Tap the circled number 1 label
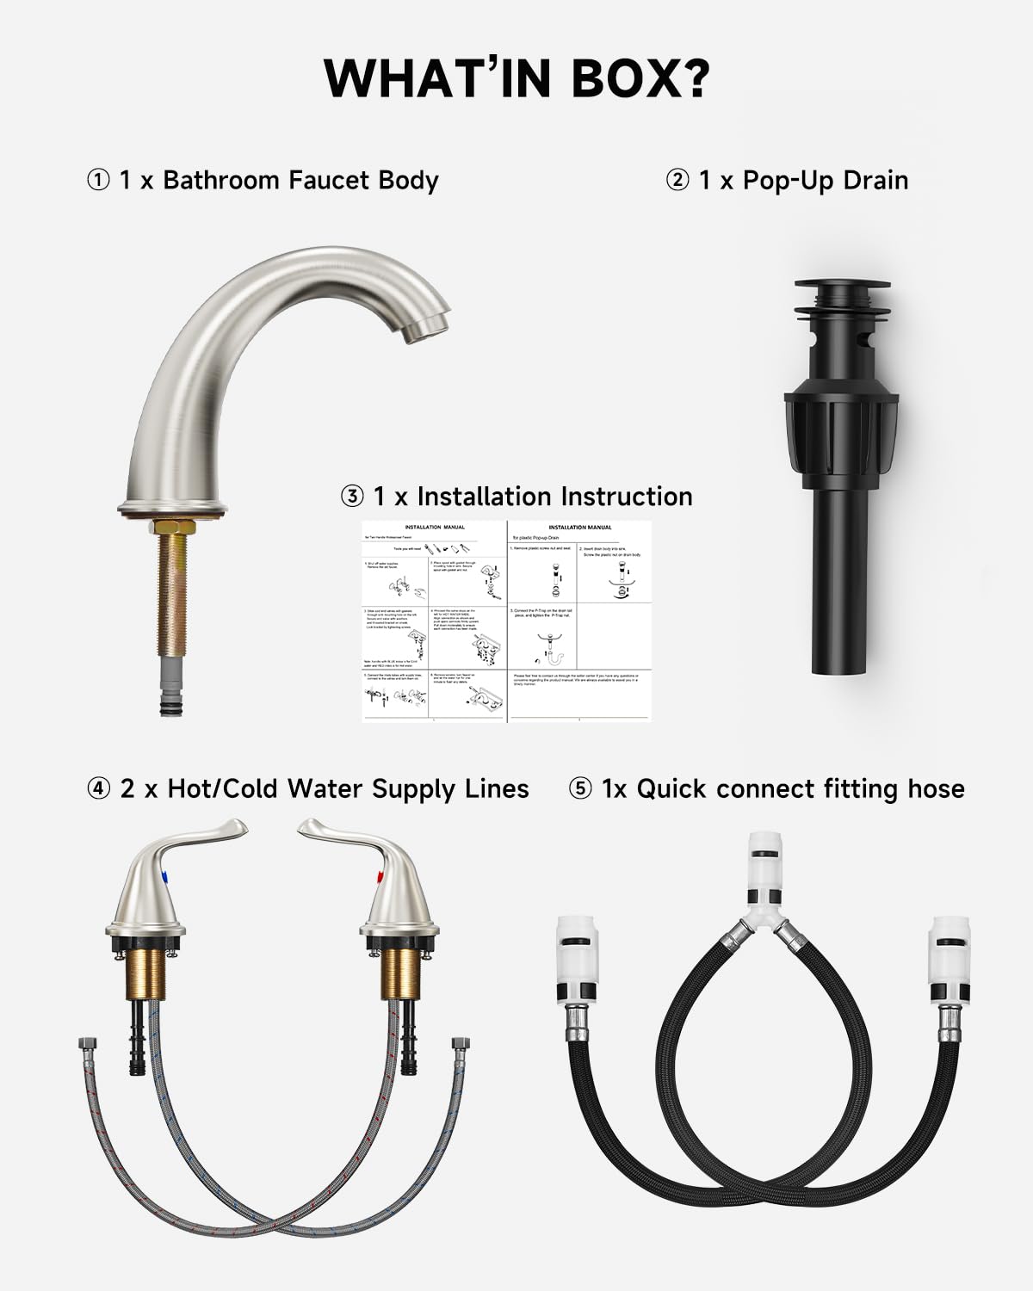click(x=98, y=181)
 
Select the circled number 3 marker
click(x=352, y=497)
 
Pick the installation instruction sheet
click(x=506, y=621)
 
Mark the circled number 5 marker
click(x=581, y=789)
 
